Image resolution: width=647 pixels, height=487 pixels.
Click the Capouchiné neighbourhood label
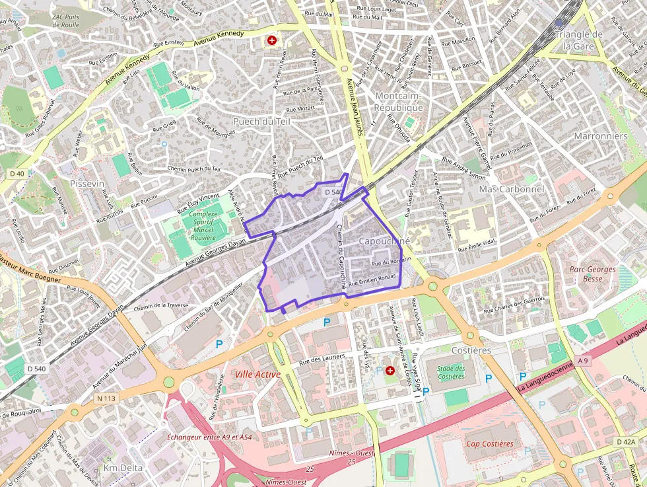[384, 241]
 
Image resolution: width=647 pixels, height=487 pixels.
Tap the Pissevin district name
[87, 183]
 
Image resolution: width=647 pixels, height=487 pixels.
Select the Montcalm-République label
[399, 102]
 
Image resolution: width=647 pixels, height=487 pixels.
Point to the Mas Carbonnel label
[511, 189]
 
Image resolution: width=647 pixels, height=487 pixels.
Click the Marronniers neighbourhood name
[600, 135]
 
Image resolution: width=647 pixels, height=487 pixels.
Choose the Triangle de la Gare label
[579, 40]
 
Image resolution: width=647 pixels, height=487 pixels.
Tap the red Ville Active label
[257, 374]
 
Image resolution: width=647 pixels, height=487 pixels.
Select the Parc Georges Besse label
[593, 274]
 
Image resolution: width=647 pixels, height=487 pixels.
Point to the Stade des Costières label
[450, 372]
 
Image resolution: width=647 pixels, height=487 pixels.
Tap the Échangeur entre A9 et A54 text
[210, 437]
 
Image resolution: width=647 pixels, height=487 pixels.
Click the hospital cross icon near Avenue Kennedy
[271, 40]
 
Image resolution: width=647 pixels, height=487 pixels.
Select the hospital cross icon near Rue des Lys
[390, 371]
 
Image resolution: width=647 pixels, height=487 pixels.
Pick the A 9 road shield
[582, 361]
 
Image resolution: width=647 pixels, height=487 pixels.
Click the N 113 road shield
[105, 398]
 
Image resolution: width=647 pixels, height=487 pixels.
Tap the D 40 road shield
[17, 173]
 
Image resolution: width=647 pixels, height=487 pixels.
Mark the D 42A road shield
[625, 441]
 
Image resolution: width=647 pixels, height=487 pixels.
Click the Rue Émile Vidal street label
[477, 246]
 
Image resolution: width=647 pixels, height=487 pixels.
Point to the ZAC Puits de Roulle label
[65, 20]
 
